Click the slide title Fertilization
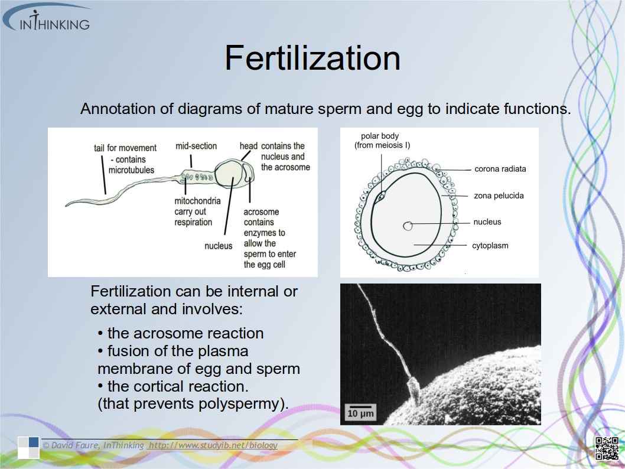(312, 58)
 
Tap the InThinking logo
(47, 18)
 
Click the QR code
(607, 448)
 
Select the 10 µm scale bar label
(361, 413)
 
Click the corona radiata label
(500, 169)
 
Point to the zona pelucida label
(499, 196)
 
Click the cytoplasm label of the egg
(490, 246)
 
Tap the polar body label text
(382, 141)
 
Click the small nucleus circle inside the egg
(408, 226)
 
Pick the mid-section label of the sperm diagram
(196, 146)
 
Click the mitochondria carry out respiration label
(197, 211)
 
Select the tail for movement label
(125, 159)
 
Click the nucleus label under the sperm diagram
(219, 246)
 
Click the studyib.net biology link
(213, 445)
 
